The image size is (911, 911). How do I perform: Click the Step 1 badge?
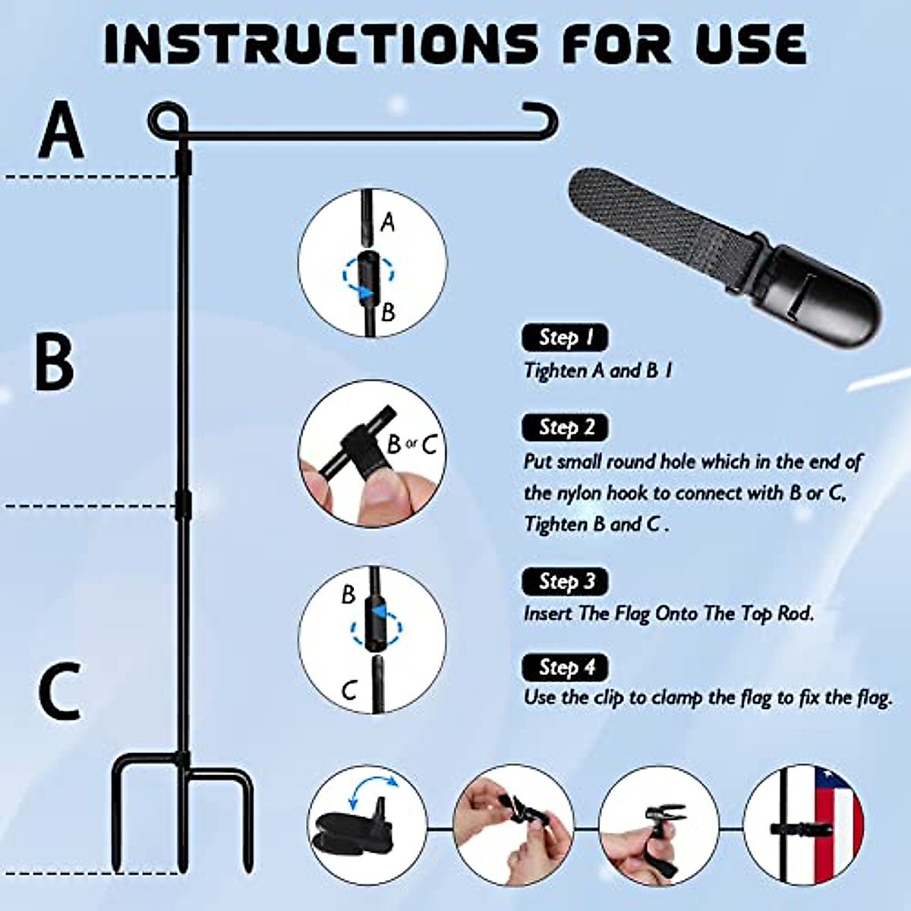pos(565,338)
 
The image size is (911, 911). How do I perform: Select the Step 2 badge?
pos(565,427)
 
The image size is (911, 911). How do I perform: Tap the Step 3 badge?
pos(565,582)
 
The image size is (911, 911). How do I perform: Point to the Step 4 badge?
pos(565,667)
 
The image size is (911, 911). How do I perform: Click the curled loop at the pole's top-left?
pos(164,120)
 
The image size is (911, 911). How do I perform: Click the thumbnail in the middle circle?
pos(383,493)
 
